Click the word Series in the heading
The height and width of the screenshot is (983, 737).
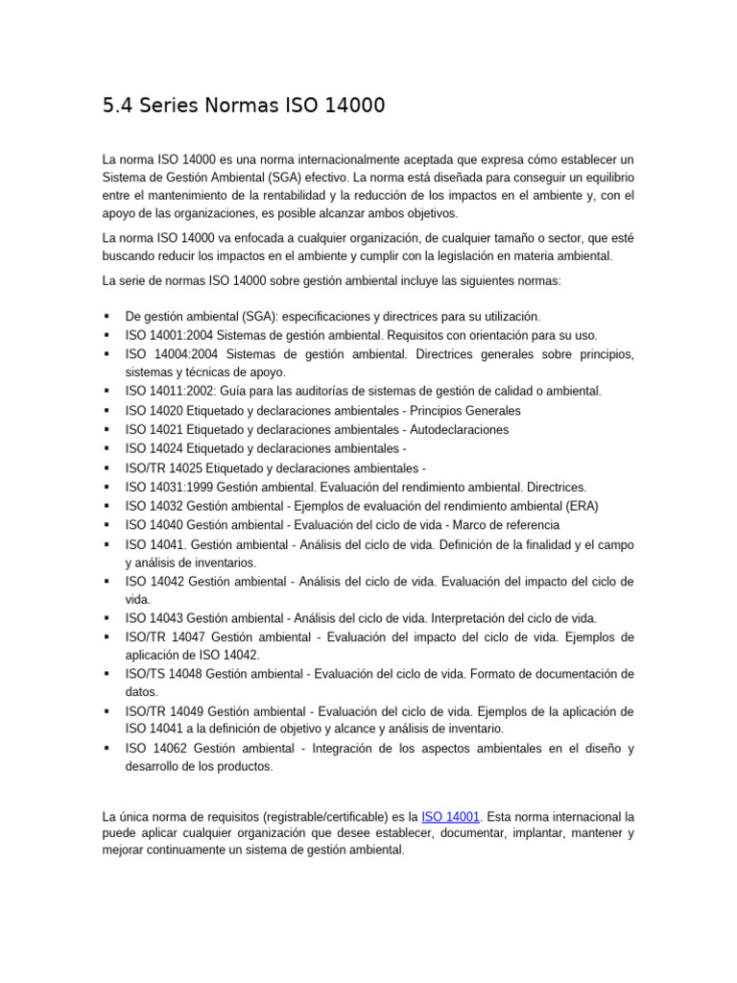click(178, 107)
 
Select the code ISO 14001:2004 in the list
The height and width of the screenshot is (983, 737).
click(170, 335)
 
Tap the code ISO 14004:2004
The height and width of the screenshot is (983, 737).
click(171, 354)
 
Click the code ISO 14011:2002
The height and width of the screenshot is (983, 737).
click(171, 392)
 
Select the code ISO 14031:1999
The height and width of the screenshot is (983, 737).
click(170, 487)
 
